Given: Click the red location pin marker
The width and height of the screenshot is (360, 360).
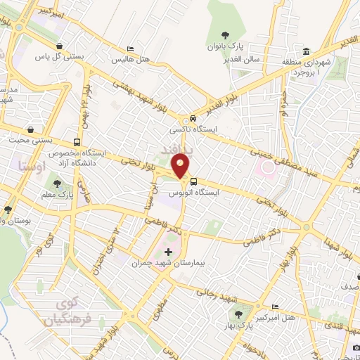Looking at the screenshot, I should (181, 165).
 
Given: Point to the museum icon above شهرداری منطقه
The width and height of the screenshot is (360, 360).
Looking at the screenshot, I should (307, 52).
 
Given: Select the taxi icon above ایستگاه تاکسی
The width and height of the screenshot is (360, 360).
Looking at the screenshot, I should (192, 118).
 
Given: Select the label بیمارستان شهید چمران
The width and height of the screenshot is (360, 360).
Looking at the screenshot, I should (167, 264).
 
